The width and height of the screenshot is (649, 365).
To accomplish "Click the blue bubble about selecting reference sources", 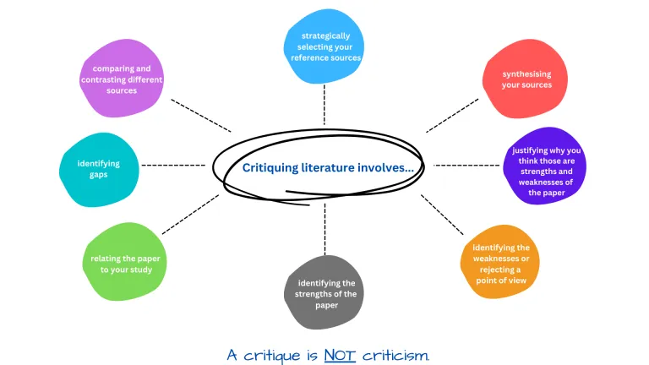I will [324, 47].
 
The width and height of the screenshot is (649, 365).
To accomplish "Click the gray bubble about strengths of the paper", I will [326, 292].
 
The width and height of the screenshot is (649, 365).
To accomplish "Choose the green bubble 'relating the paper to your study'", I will [127, 263].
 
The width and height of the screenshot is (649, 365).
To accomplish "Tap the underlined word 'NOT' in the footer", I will [341, 354].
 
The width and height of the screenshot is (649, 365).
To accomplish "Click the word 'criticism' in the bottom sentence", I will [395, 354].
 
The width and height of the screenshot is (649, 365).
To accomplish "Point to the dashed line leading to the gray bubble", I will [324, 228].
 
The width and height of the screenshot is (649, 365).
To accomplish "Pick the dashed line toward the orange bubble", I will [443, 215].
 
